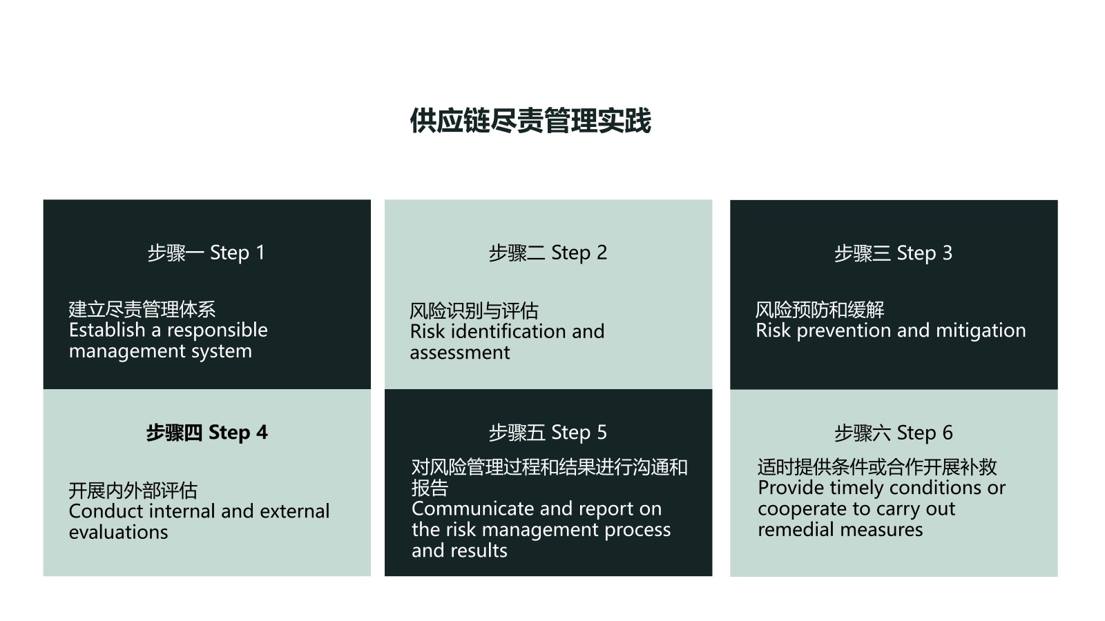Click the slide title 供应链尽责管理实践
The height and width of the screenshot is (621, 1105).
[530, 121]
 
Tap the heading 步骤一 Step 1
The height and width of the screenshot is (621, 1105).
[206, 253]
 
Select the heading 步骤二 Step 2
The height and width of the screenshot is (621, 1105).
[548, 253]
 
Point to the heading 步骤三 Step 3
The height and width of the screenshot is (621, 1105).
[893, 253]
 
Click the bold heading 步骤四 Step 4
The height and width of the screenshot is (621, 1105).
[206, 433]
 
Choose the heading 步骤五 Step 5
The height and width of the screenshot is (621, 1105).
[548, 433]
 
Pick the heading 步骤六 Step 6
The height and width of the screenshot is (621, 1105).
[894, 433]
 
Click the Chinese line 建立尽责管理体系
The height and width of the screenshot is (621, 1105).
[142, 310]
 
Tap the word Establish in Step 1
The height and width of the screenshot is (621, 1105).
[107, 331]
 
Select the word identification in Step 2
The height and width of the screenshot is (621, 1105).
[508, 332]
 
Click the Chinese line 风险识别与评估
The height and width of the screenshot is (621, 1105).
[474, 311]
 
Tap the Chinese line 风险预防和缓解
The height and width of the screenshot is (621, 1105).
[819, 310]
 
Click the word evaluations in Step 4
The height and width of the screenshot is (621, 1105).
[118, 532]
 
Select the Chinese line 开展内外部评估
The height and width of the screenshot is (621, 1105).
[133, 491]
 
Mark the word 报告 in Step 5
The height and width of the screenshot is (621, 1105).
[430, 488]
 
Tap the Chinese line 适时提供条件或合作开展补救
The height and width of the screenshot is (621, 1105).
[877, 466]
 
